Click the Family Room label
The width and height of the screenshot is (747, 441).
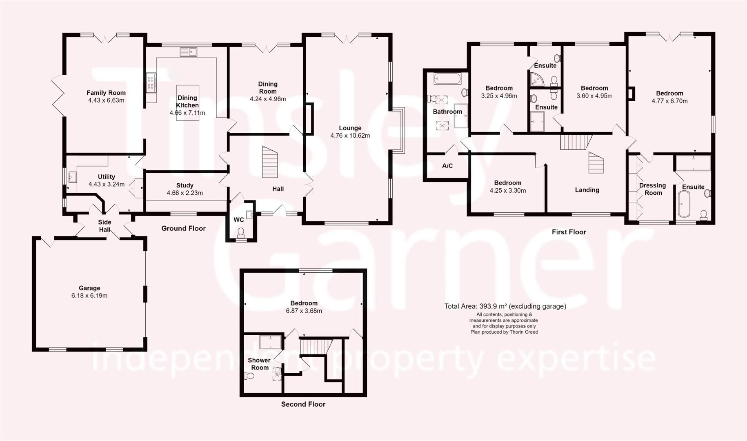[106, 93]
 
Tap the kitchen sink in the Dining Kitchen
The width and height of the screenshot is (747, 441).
[188, 52]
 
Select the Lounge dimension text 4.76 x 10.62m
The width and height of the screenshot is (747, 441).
[350, 136]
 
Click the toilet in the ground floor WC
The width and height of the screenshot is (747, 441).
[241, 232]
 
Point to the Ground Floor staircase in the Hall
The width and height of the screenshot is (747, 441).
[269, 162]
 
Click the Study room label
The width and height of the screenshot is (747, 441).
[185, 185]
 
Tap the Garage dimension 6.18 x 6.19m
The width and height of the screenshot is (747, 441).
[89, 296]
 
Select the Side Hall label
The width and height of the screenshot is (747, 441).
[104, 226]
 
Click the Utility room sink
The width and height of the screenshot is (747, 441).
[73, 177]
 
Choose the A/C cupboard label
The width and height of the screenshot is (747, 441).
[447, 166]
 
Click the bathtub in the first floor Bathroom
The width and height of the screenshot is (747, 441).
[447, 78]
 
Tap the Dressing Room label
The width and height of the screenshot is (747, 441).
[652, 189]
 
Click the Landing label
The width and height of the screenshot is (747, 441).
[587, 190]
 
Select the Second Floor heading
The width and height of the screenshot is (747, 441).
[303, 404]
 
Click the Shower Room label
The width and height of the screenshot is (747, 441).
[259, 364]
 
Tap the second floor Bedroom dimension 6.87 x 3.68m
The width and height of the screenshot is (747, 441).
[304, 311]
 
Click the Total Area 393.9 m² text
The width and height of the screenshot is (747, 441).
[505, 306]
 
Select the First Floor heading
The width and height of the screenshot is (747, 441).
[569, 232]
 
